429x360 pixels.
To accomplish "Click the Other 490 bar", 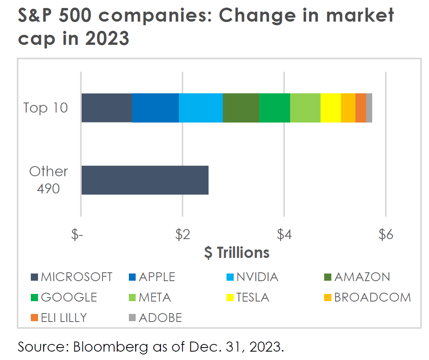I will click(145, 180).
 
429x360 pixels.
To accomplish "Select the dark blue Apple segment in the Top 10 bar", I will click(155, 108).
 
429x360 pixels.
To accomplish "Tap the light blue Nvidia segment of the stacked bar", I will click(201, 108).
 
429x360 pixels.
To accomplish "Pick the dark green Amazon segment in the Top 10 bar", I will click(241, 108).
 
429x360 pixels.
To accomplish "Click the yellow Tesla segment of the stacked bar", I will click(331, 108).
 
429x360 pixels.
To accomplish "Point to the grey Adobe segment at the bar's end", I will click(369, 108).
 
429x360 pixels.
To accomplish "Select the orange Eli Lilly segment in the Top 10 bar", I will click(361, 108).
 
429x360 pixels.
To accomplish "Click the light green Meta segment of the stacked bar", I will click(305, 108).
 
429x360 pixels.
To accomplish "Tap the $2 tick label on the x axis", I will click(182, 235).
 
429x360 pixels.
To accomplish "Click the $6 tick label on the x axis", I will click(385, 235).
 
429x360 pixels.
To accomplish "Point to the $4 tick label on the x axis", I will click(284, 235).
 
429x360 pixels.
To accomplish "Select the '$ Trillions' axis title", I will click(237, 253).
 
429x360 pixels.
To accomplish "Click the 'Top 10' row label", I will click(46, 108).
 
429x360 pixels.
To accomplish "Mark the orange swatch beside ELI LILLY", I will click(34, 318).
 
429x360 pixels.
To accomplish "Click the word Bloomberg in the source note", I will click(110, 346).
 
